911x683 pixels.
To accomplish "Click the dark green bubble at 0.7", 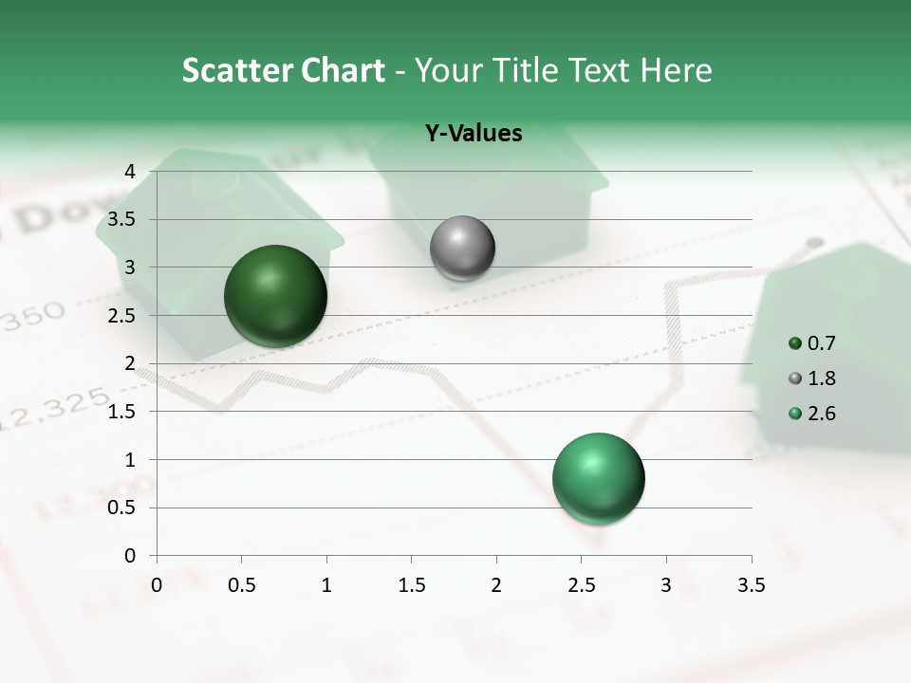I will [x=276, y=296].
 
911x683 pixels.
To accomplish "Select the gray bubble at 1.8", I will [x=462, y=249].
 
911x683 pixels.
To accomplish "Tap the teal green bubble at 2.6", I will [x=598, y=478].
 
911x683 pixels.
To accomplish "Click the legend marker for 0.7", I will [x=795, y=343].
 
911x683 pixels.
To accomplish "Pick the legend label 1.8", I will [x=822, y=378].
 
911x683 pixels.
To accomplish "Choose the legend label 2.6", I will [x=822, y=414].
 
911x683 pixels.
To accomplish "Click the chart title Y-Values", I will [x=474, y=134].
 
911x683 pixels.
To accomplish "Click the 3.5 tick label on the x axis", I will [x=751, y=585].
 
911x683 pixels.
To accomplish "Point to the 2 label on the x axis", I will [x=496, y=585].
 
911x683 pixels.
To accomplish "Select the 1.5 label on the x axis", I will [x=411, y=585].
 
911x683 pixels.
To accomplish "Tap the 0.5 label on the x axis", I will [x=241, y=585].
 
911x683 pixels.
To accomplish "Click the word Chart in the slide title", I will [x=342, y=70].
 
